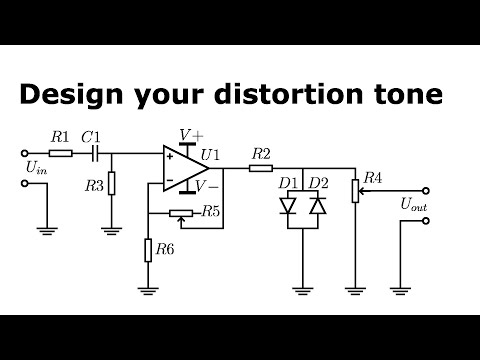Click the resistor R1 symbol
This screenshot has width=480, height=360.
tap(60, 153)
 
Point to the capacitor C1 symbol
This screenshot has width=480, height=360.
tap(94, 153)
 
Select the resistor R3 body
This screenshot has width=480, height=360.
tap(111, 184)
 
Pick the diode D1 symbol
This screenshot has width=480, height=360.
tap(289, 205)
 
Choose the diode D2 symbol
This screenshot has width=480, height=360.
tap(317, 205)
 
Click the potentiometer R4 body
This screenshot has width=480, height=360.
tap(355, 189)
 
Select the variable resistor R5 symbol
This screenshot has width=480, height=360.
tap(182, 212)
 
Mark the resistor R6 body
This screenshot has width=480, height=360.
tap(147, 249)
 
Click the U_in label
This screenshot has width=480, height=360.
tap(35, 170)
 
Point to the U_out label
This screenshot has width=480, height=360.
tap(413, 205)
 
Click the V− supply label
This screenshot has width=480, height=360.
tap(208, 187)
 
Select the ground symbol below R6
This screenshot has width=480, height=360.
tap(147, 291)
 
